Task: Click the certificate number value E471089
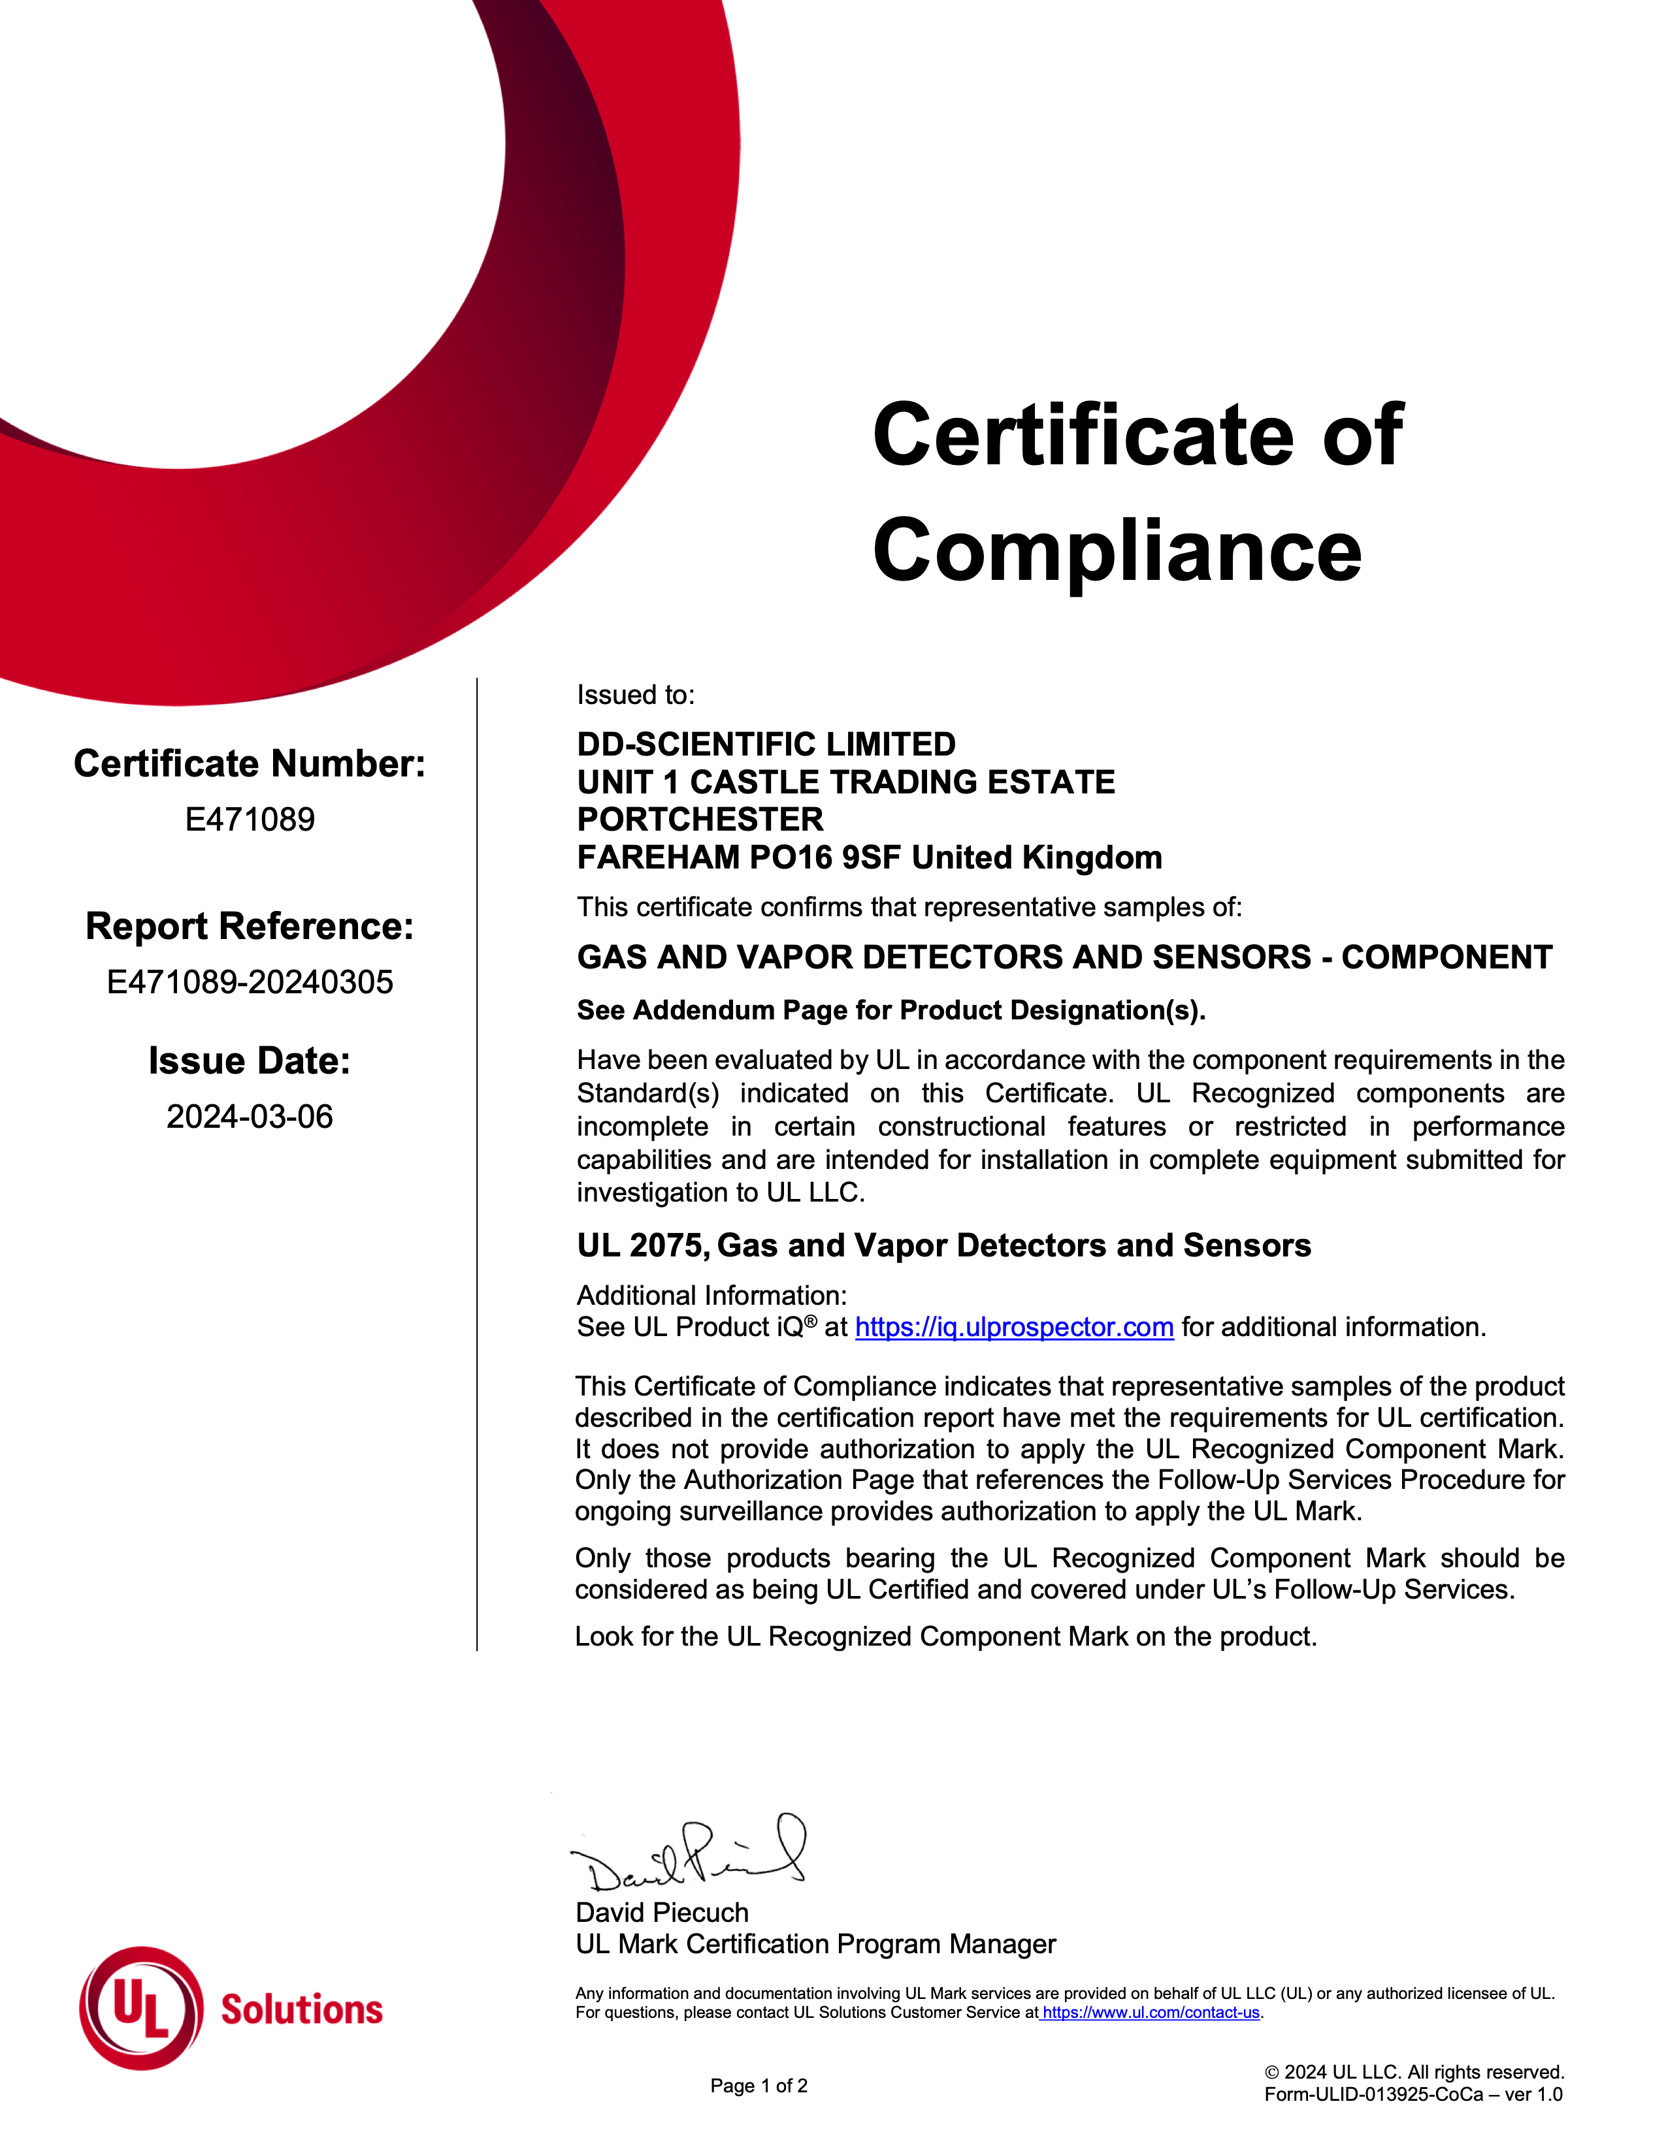pos(250,819)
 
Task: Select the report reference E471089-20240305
pos(250,982)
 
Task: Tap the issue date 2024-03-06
pos(250,1116)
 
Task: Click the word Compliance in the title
pos(1117,551)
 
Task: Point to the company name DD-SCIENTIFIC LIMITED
pos(766,744)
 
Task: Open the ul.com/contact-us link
pos(1150,2012)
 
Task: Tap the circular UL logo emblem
pos(141,2008)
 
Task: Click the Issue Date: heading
pos(250,1061)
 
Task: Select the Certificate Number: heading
pos(250,764)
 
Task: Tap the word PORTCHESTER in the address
pos(700,819)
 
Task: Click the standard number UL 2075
pos(642,1245)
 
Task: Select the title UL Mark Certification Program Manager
pos(815,1944)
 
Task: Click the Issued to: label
pos(636,695)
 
